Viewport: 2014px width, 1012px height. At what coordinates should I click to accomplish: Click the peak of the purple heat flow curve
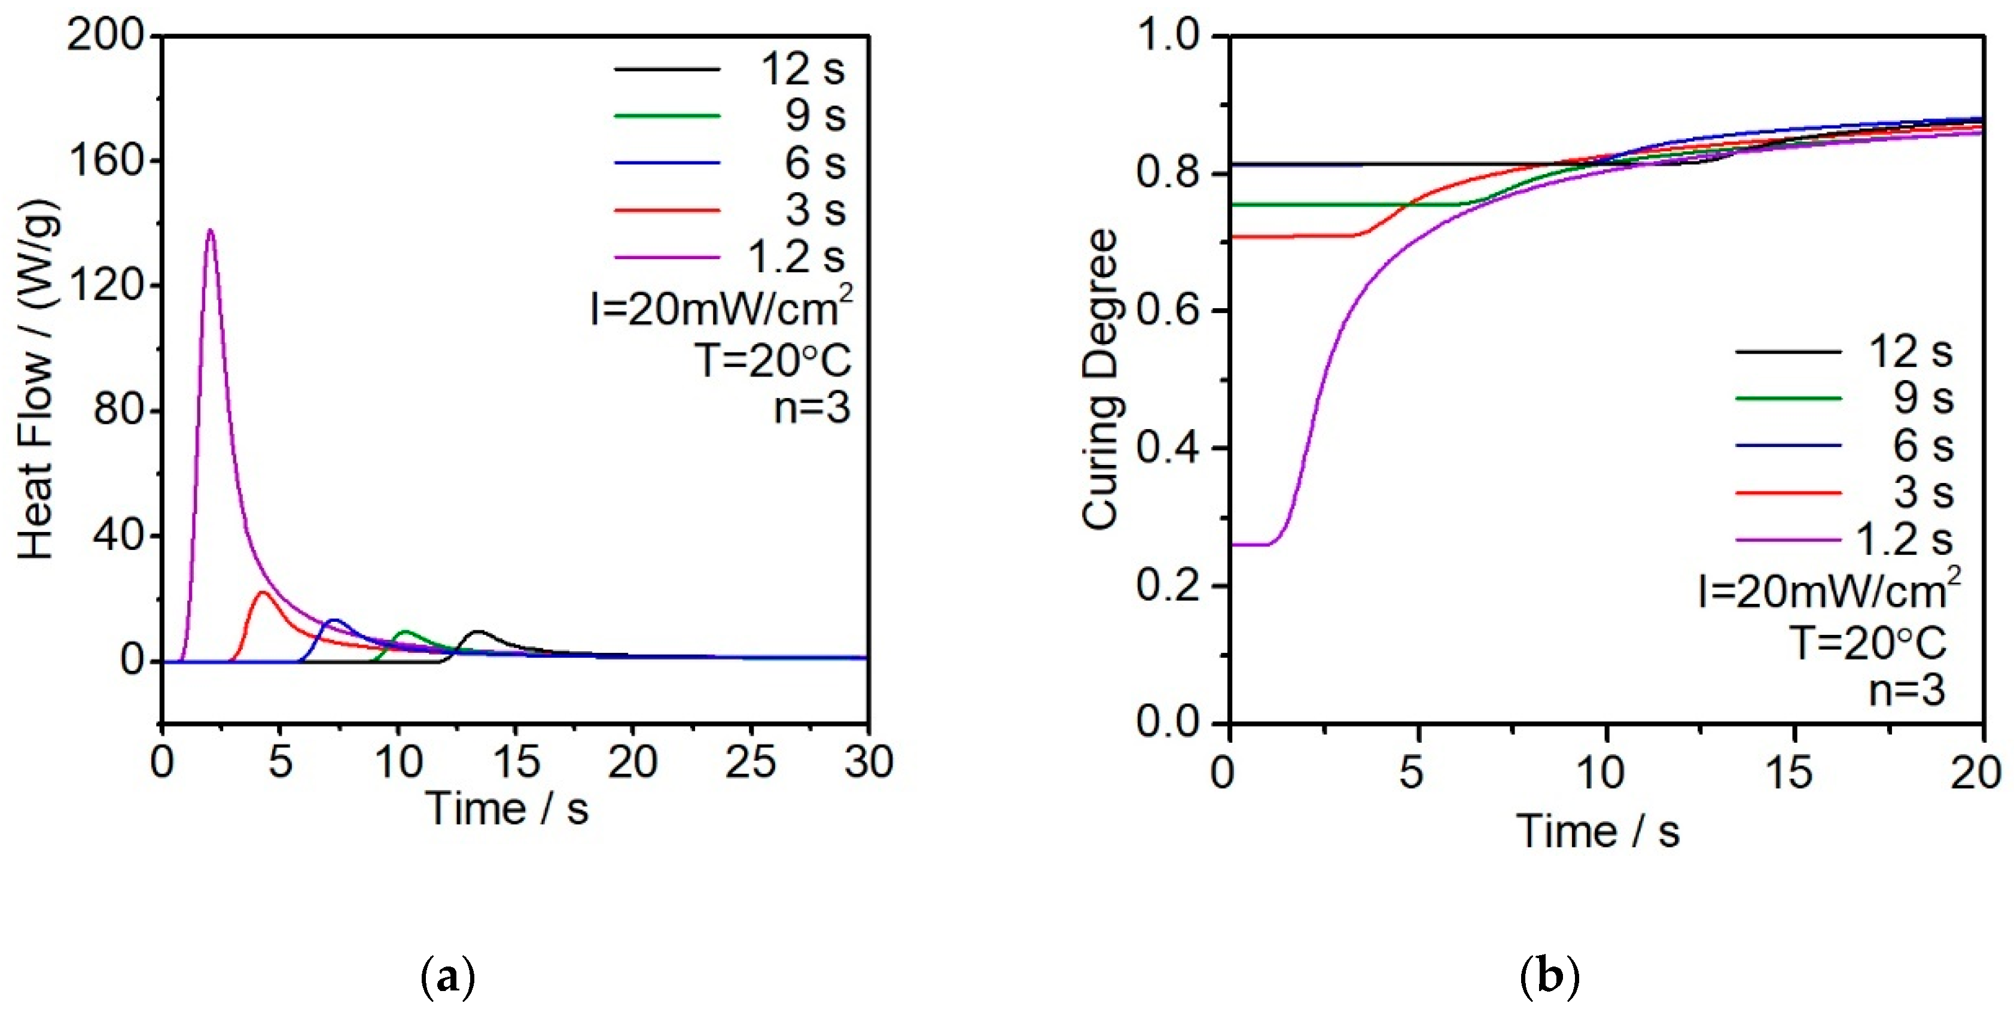pos(209,230)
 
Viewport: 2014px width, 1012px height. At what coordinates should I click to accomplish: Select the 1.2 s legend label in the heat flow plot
pos(797,257)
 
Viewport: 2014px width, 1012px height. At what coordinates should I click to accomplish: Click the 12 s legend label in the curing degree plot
pos(1910,352)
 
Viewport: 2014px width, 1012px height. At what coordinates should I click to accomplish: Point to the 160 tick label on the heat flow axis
pos(107,161)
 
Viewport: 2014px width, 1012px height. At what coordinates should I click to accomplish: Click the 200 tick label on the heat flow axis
pos(107,36)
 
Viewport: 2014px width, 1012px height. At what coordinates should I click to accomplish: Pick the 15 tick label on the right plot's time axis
pos(1790,773)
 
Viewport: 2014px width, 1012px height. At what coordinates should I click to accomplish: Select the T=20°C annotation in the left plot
pos(772,360)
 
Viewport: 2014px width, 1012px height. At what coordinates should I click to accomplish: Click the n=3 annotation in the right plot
pos(1907,691)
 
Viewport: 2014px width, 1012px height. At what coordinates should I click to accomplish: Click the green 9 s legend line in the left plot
pos(667,116)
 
